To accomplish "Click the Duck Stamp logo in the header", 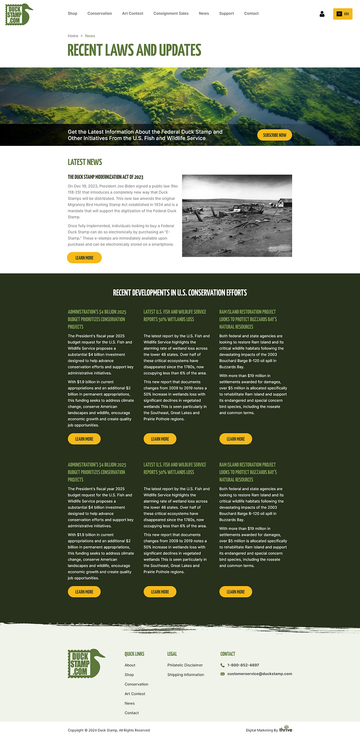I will (x=19, y=14).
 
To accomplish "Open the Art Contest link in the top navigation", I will (x=133, y=13).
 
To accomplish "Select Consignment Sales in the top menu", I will (x=171, y=13).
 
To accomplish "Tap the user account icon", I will (x=322, y=14).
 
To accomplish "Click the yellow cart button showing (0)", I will (x=343, y=14).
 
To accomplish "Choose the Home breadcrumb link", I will (x=73, y=36).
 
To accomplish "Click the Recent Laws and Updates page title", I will (x=134, y=50).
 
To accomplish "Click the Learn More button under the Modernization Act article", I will (x=84, y=258).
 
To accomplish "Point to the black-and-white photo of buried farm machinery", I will (x=237, y=215).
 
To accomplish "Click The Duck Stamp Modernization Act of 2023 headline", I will (x=105, y=177).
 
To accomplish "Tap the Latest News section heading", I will (x=85, y=162).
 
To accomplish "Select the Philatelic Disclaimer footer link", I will (x=185, y=665).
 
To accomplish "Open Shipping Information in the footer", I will (x=185, y=674).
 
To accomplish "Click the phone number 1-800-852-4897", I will (x=243, y=665).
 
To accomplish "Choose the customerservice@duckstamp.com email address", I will (x=259, y=673).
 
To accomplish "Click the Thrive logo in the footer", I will (x=286, y=729).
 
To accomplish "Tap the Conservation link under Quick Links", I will (x=136, y=684).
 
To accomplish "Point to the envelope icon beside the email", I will (x=223, y=674).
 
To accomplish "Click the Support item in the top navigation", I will (x=226, y=13).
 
